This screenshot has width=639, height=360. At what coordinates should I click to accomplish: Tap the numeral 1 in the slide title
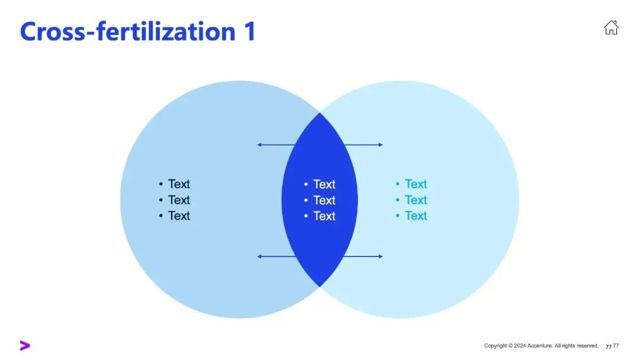pyautogui.click(x=248, y=31)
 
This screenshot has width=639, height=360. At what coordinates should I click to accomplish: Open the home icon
pyautogui.click(x=611, y=27)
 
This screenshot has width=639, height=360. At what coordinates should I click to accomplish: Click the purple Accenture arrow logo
pyautogui.click(x=24, y=345)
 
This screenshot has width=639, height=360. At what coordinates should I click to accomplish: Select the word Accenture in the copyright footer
pyautogui.click(x=540, y=346)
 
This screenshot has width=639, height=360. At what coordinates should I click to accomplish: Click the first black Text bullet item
pyautogui.click(x=179, y=184)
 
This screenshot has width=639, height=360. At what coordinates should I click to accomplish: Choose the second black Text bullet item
pyautogui.click(x=179, y=200)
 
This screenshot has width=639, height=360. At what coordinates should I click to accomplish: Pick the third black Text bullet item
pyautogui.click(x=179, y=216)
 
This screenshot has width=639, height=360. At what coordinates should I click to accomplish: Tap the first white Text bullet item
pyautogui.click(x=324, y=184)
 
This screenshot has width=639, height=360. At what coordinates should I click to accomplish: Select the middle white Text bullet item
pyautogui.click(x=324, y=200)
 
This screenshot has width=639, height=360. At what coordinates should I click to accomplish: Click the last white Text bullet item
pyautogui.click(x=324, y=216)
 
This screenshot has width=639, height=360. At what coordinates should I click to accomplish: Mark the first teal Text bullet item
pyautogui.click(x=415, y=184)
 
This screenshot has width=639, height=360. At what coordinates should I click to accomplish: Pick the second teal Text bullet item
pyautogui.click(x=415, y=200)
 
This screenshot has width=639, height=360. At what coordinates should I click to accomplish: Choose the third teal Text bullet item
pyautogui.click(x=415, y=216)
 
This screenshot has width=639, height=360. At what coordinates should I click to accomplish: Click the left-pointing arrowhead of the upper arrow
pyautogui.click(x=259, y=144)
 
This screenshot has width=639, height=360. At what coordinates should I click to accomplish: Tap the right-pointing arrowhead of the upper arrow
pyautogui.click(x=380, y=144)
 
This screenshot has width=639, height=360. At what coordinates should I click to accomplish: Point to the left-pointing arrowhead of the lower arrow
pyautogui.click(x=259, y=256)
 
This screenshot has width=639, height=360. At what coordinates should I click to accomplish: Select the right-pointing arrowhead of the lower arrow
pyautogui.click(x=380, y=256)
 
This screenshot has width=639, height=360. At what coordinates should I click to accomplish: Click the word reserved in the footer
pyautogui.click(x=587, y=346)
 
